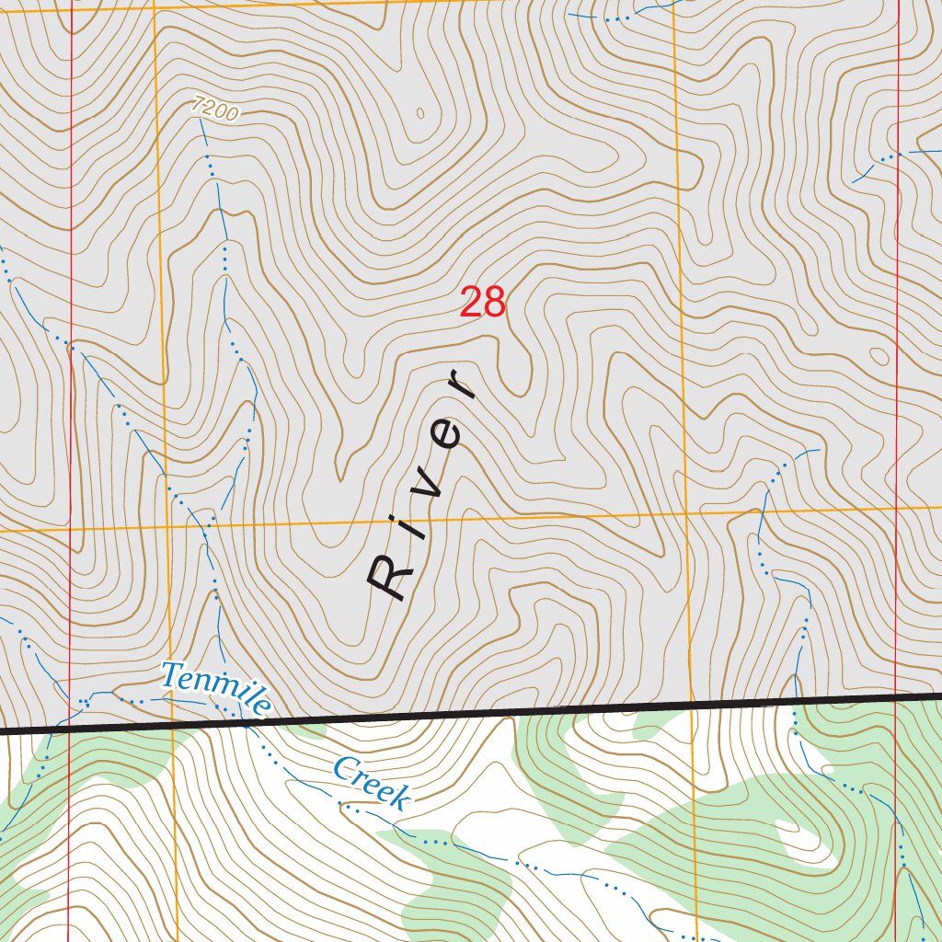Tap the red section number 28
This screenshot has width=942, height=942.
(x=483, y=303)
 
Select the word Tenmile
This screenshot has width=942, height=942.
(x=216, y=688)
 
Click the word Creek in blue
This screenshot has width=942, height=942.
(x=371, y=784)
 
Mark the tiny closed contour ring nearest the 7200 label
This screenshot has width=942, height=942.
(x=420, y=114)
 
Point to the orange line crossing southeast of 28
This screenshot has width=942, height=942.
(x=684, y=512)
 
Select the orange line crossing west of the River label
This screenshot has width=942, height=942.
(x=168, y=527)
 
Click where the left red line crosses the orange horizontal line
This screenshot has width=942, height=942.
(x=71, y=530)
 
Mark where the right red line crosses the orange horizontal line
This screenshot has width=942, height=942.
(x=897, y=506)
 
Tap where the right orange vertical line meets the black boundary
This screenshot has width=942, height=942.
(x=690, y=707)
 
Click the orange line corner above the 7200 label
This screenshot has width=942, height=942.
(x=155, y=6)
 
